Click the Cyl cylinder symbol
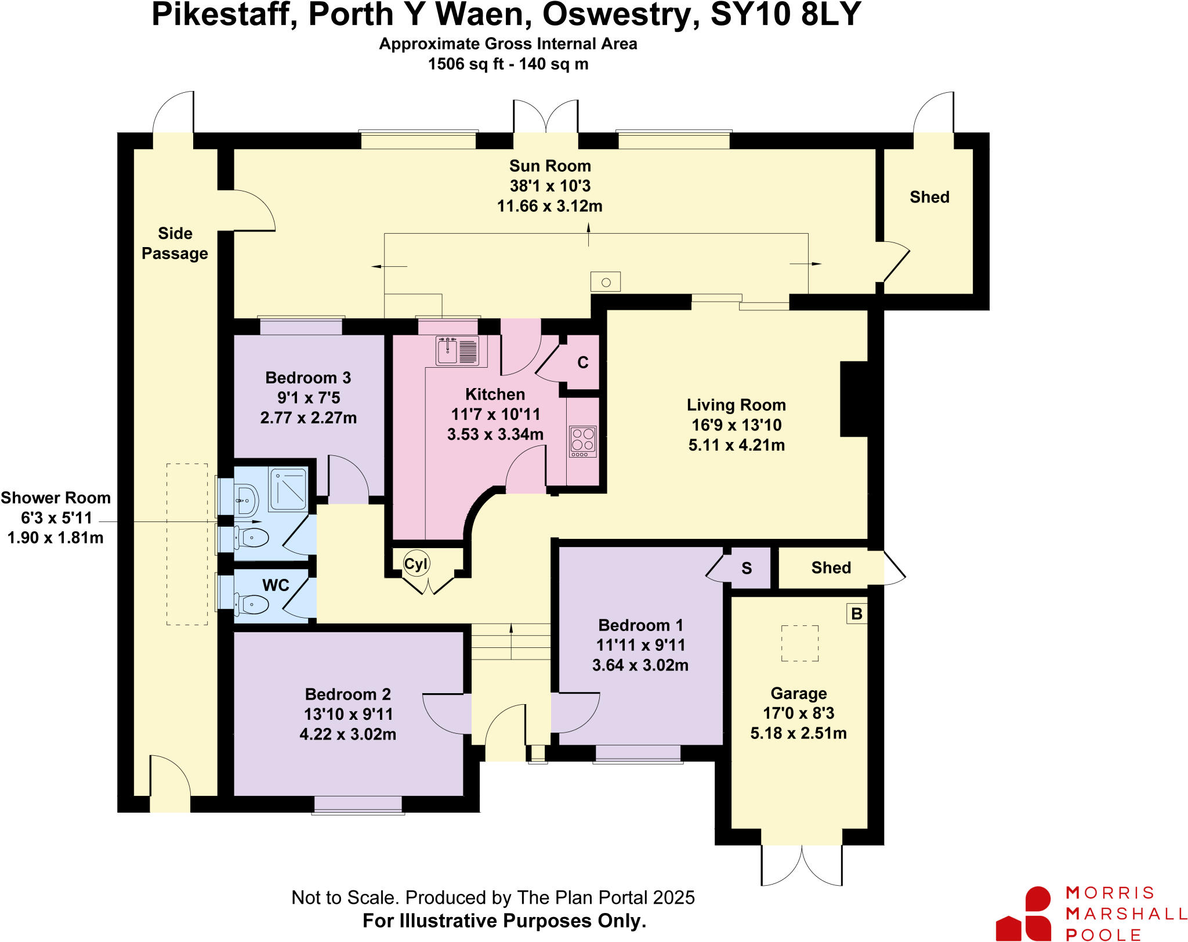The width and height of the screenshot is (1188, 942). pos(416,564)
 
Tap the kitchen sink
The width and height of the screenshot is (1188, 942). pos(448,352)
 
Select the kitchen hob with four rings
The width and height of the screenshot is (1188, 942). pos(583,441)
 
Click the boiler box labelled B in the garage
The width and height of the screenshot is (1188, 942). pos(857,614)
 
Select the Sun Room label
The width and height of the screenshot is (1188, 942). pos(550,166)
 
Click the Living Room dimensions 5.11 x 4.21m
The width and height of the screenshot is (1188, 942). pos(736,445)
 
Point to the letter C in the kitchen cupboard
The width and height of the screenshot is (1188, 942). pos(583,363)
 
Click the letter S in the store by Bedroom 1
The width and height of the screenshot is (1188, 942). pos(747,568)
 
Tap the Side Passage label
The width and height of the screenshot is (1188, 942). pos(175,244)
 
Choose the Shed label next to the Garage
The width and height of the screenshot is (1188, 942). pos(831,568)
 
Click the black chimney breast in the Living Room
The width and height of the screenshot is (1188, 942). pos(854,399)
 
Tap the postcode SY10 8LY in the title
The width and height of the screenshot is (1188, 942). pos(785,15)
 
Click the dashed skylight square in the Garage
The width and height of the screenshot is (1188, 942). pos(799,643)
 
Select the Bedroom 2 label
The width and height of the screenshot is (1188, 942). pos(347,694)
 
